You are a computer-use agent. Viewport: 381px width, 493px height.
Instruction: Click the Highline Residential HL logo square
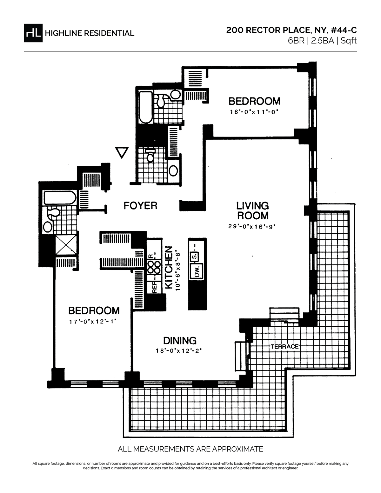[33, 33]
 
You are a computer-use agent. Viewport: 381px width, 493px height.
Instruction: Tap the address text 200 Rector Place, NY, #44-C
[291, 30]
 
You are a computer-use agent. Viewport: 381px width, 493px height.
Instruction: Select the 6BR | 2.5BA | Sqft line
[322, 41]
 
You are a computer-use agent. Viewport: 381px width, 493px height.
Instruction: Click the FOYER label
[140, 206]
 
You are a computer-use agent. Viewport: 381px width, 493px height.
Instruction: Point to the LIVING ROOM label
[252, 210]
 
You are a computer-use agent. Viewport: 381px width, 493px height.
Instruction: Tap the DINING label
[180, 341]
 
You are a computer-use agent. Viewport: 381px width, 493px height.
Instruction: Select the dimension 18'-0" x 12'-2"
[178, 351]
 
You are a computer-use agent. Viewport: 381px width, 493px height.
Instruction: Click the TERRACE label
[284, 346]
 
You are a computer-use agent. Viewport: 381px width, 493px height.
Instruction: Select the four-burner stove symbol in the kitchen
[154, 267]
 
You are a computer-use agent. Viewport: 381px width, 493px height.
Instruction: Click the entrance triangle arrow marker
[122, 152]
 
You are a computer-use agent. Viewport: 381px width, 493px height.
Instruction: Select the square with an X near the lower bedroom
[66, 245]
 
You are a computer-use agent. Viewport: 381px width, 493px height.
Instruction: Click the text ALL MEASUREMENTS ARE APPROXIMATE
[190, 449]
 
